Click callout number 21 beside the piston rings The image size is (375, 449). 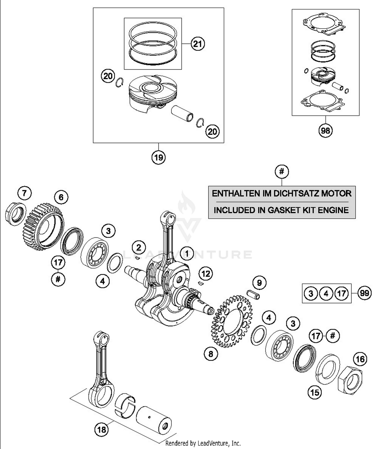click(x=197, y=44)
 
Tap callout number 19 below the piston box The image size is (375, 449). click(x=158, y=157)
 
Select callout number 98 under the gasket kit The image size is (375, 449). click(x=325, y=130)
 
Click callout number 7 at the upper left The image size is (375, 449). click(x=24, y=193)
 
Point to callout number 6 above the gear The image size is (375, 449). click(x=61, y=197)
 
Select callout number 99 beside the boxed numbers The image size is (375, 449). click(x=364, y=293)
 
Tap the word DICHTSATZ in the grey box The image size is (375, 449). click(x=290, y=194)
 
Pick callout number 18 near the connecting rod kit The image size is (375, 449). click(x=101, y=430)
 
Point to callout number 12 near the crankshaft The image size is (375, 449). click(x=206, y=274)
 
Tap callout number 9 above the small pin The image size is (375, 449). click(x=259, y=283)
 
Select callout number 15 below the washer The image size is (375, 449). click(x=315, y=392)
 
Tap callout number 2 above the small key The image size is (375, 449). click(x=139, y=248)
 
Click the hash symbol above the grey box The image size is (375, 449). click(x=282, y=172)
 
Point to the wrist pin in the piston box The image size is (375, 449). click(x=182, y=113)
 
